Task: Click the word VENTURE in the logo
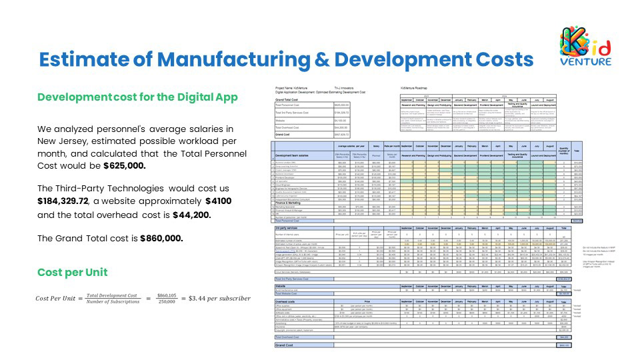(587, 62)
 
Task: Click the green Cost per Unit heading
(73, 273)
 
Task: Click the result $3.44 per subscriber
(220, 298)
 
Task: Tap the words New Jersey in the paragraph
(63, 141)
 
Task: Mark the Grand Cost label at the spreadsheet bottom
(285, 345)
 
